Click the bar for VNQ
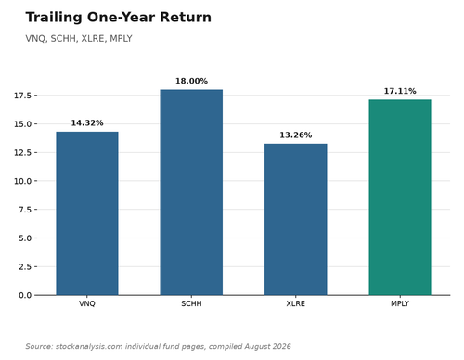(87, 213)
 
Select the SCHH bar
(191, 192)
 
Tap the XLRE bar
(295, 220)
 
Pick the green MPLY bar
(400, 198)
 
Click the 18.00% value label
(191, 81)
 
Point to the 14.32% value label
(87, 123)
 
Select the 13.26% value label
(296, 135)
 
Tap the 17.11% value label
(400, 91)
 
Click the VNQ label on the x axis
(87, 303)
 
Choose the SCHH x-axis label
(191, 303)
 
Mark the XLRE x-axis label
(295, 303)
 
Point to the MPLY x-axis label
(400, 303)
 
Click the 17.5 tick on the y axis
(22, 96)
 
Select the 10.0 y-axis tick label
(22, 181)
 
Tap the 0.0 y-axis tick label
(25, 295)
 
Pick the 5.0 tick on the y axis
(25, 238)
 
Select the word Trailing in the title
(54, 18)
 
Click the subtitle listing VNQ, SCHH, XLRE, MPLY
(79, 39)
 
